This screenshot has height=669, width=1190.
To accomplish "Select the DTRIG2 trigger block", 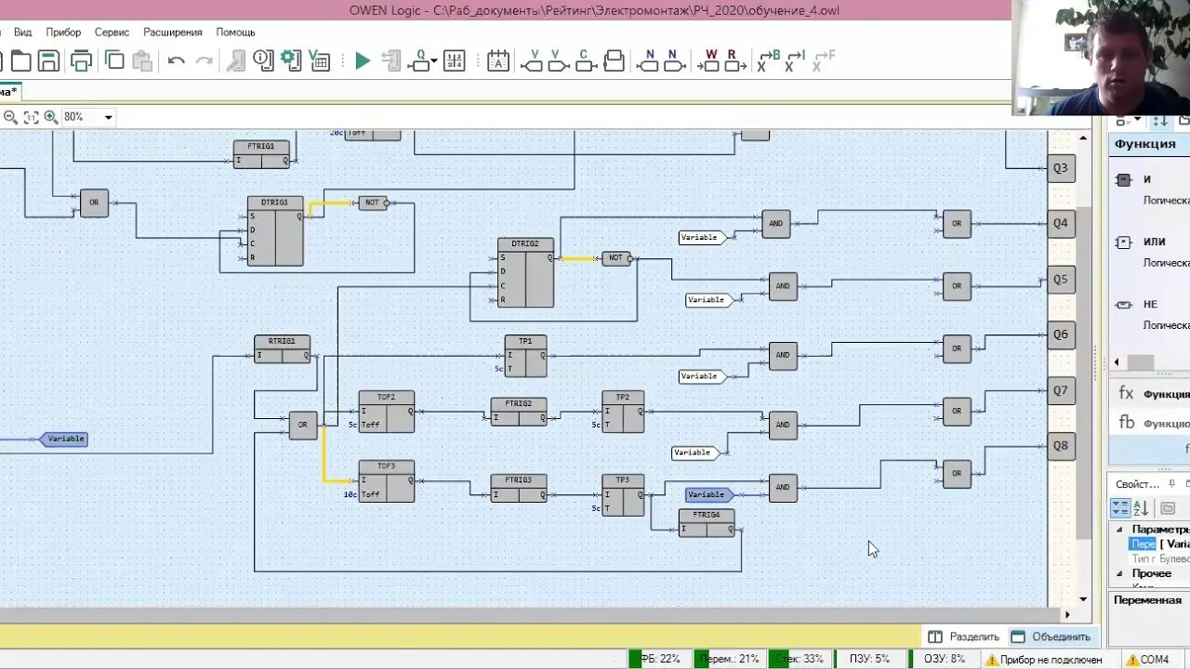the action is pos(525,273).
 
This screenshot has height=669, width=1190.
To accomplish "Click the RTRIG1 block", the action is pos(282,349).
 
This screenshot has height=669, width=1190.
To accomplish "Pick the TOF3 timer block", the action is pos(386,481).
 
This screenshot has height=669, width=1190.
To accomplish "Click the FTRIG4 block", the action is pos(707,523).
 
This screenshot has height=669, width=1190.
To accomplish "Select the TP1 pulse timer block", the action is pos(525,356).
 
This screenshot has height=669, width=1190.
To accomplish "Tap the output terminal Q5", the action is pos(1061,279).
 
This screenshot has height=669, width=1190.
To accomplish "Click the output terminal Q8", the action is pos(1061,446).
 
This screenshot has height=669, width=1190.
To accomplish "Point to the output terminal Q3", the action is pos(1061,168).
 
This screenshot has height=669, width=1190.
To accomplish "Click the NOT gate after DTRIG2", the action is pos(616,258).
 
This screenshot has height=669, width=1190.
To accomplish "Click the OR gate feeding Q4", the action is pos(957,224).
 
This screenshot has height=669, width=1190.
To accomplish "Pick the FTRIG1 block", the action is pos(261,153).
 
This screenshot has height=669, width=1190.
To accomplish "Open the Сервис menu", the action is pos(112,32).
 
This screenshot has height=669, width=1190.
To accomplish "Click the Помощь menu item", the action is pos(235,32).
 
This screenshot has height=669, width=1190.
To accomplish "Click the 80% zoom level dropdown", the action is pos(88,117).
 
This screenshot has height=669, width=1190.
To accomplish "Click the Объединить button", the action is pos(1051,636).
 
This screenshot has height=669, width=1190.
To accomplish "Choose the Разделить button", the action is pos(964,636).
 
